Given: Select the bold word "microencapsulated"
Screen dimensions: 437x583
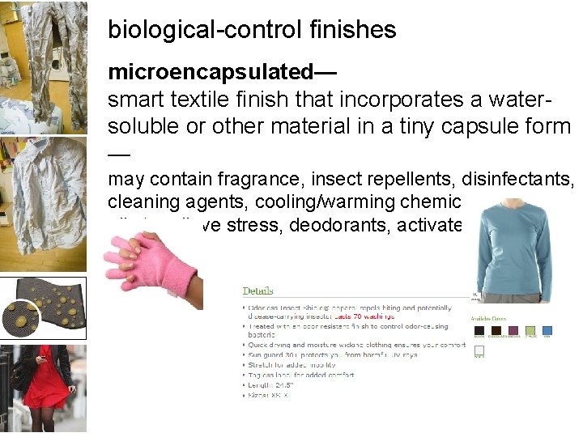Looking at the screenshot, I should coord(211,73).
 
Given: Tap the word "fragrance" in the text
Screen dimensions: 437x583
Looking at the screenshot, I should coord(249,179).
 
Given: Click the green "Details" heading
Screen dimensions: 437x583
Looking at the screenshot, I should coord(257,291).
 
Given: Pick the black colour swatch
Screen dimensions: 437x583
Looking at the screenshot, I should coord(479,330).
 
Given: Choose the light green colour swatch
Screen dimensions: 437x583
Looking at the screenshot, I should coord(530,330).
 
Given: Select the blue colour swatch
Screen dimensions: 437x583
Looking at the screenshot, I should coord(547,330).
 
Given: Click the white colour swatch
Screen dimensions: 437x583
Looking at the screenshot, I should coord(479,351).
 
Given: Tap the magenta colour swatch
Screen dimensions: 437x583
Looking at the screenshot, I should coord(513,330).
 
